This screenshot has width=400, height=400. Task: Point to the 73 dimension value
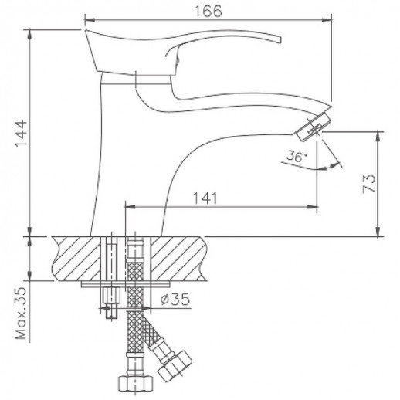point(371,182)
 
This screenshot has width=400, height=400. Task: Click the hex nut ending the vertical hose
point(135,383)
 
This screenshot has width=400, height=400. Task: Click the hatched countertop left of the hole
point(77,259)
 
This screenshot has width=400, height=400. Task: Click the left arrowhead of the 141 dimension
point(128,207)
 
